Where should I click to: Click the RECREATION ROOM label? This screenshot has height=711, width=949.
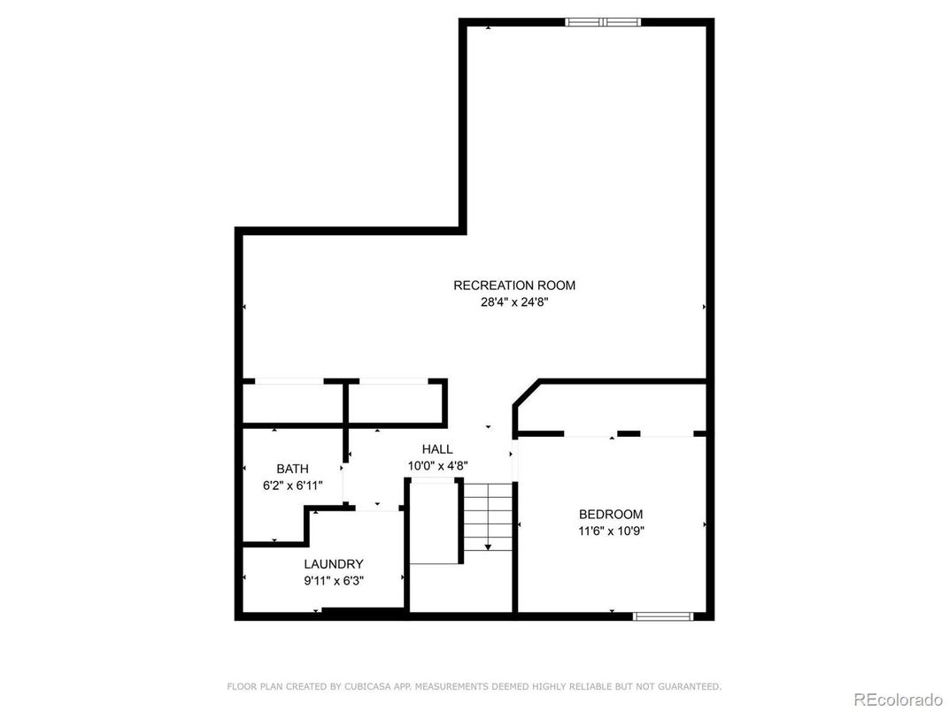pos(514,286)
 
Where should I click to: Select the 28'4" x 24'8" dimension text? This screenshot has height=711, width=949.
pos(514,302)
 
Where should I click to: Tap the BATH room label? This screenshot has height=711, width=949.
pos(292,469)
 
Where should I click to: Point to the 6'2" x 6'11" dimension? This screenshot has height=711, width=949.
pos(292,485)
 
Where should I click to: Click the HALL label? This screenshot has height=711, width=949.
pos(437,449)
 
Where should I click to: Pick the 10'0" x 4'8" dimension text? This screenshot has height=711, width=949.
pos(437,465)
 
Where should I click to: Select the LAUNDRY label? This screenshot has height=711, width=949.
pos(334,564)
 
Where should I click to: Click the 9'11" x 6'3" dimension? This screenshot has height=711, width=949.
pos(334,581)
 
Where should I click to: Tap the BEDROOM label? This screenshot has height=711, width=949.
pos(611,515)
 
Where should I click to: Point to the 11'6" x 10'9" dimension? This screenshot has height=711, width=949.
pos(611,531)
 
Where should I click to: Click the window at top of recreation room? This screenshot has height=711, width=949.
pos(603,22)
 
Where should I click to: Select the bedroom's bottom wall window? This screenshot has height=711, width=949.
pos(663,616)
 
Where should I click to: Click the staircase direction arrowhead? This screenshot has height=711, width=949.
pos(488,547)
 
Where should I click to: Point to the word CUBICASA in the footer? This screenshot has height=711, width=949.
pos(366,687)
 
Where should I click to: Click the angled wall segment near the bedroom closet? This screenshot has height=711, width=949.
pos(526,393)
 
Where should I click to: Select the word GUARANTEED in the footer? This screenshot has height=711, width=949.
pos(691,687)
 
